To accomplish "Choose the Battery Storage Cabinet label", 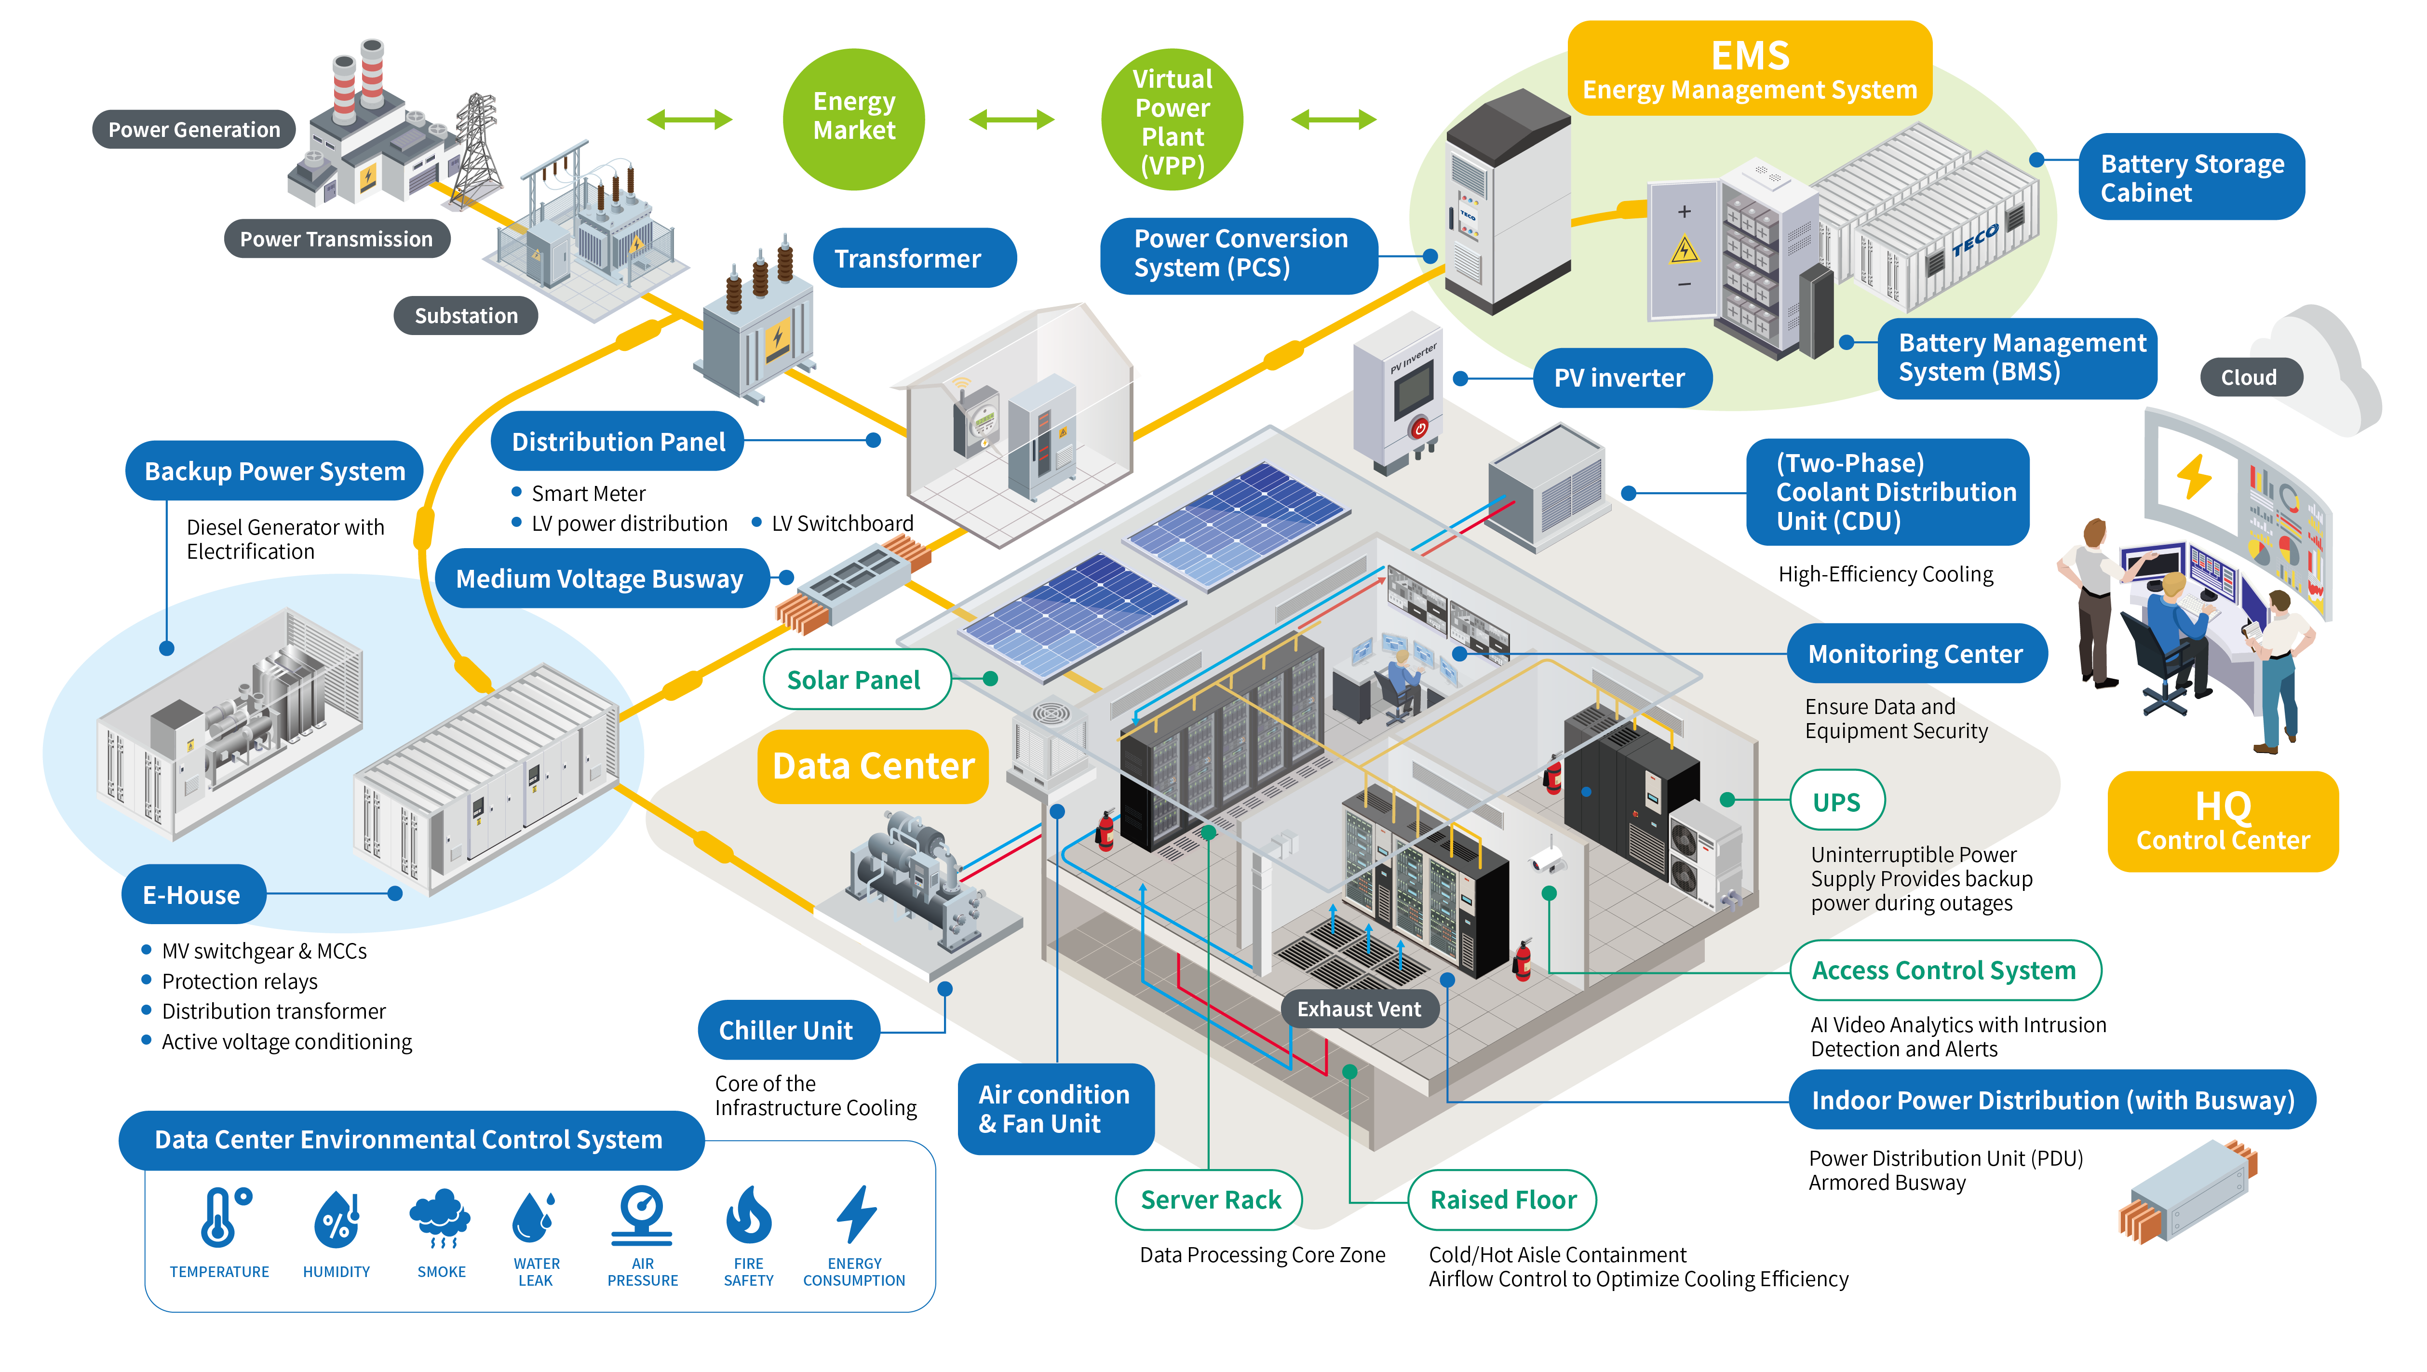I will click(x=2191, y=178).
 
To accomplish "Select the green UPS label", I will click(x=1836, y=802).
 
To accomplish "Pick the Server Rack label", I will click(x=1210, y=1199).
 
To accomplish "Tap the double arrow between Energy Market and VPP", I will click(x=1011, y=120).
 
